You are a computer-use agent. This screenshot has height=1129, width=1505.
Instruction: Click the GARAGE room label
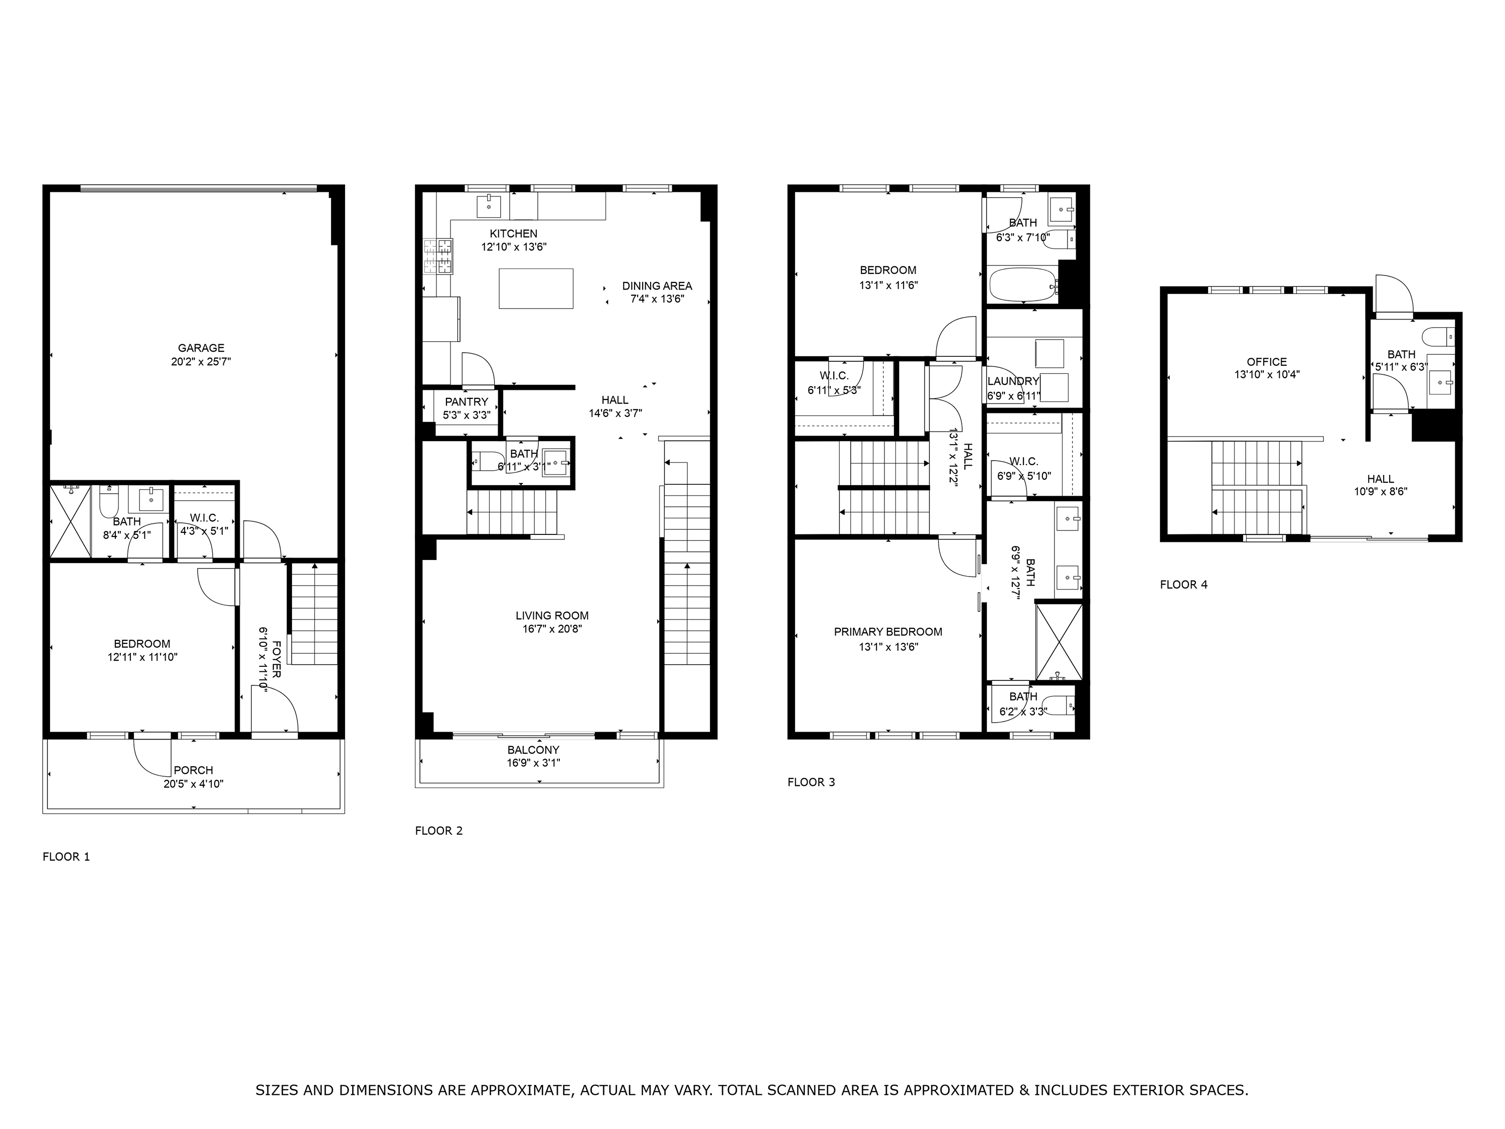point(201,348)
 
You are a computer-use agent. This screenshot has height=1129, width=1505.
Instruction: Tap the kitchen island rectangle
point(536,289)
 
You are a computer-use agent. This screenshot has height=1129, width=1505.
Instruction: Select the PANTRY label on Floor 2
point(467,401)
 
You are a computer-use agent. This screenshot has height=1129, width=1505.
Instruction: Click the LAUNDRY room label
point(1013,381)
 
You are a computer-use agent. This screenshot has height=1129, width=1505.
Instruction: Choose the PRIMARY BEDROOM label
point(888,632)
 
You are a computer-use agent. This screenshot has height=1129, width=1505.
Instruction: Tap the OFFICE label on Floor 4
point(1267,362)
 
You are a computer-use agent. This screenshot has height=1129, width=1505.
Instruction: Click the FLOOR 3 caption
point(811,782)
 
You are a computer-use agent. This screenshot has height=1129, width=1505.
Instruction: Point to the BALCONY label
point(533,750)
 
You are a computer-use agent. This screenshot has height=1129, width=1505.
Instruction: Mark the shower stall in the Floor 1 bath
point(71,521)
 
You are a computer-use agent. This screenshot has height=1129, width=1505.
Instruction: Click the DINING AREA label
point(657,286)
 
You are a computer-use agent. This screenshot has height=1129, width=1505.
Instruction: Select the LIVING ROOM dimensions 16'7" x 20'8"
point(552,629)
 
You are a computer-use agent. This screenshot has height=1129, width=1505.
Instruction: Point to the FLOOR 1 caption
point(66,857)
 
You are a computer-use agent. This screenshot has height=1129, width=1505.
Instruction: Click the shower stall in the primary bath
point(1059,641)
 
